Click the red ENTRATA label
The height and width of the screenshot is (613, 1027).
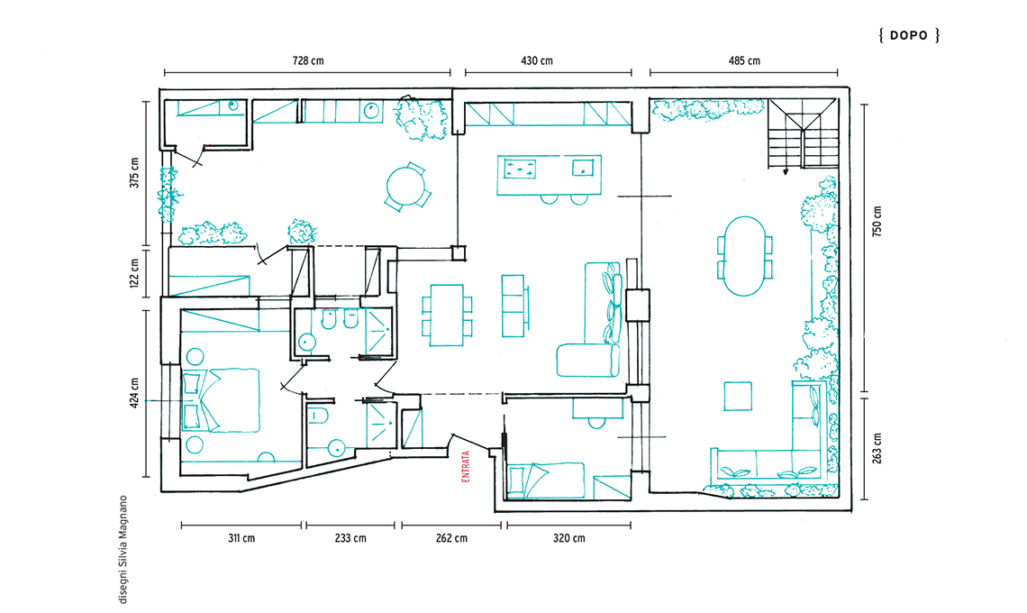tap(466, 466)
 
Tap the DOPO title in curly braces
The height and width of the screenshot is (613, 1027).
tap(909, 35)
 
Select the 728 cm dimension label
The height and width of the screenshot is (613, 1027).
tap(308, 61)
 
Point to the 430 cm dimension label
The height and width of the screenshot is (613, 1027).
tap(536, 61)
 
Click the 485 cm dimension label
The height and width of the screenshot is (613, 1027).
tap(744, 61)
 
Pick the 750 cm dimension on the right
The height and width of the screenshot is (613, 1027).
tap(877, 221)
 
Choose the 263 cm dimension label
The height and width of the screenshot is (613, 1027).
tap(877, 448)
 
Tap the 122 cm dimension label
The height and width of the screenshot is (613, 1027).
tap(134, 273)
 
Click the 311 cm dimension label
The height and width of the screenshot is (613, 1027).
tap(241, 538)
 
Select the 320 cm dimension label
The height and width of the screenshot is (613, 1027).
tap(568, 538)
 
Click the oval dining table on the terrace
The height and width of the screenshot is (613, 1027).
tap(744, 256)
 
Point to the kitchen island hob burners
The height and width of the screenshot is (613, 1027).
tap(519, 169)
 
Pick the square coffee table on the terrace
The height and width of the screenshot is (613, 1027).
tap(738, 396)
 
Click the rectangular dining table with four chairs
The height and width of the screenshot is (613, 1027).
tap(447, 315)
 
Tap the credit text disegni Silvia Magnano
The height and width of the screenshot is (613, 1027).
tap(123, 549)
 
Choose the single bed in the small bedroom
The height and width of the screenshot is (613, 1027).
tap(546, 480)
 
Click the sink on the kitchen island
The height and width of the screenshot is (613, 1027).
tap(583, 168)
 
